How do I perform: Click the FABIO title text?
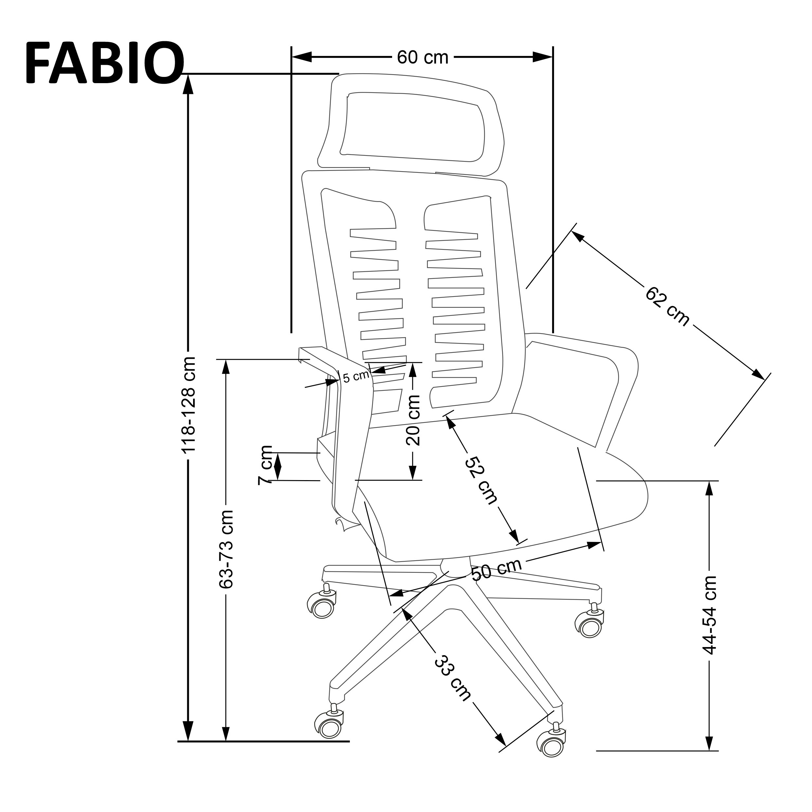click(x=104, y=63)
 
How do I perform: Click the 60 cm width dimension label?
click(x=423, y=57)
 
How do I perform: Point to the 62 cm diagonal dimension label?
click(x=667, y=306)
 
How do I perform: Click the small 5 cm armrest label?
click(x=355, y=377)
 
